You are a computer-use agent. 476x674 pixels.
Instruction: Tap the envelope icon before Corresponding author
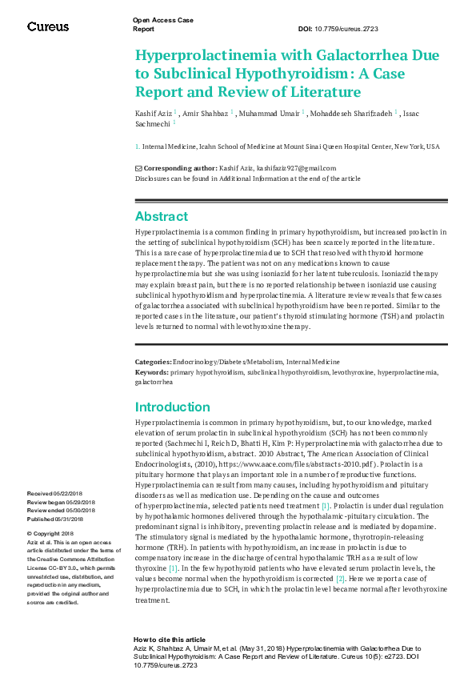click(138, 168)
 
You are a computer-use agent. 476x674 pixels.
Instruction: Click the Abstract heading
click(162, 216)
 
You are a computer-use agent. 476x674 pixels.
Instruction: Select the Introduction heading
click(172, 407)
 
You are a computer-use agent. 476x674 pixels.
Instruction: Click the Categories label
click(152, 363)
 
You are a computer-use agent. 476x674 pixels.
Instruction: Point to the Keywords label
click(151, 372)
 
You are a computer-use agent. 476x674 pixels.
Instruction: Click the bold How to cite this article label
click(169, 640)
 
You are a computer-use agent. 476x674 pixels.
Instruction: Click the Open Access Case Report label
click(162, 24)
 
